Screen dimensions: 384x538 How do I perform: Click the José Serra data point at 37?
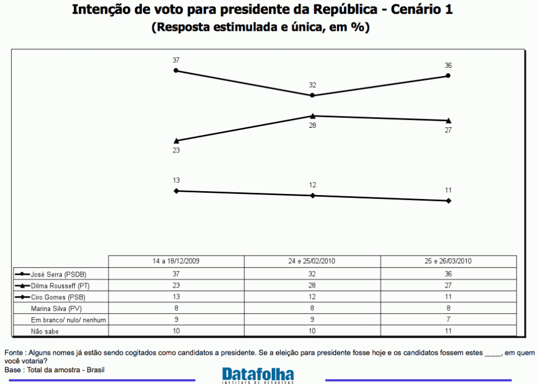pos(176,71)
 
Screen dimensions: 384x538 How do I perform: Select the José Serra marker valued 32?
pos(312,95)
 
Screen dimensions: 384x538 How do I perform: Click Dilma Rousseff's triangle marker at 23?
pos(176,141)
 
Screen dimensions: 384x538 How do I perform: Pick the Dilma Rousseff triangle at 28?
pos(312,115)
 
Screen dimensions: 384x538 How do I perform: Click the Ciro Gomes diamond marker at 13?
pos(176,191)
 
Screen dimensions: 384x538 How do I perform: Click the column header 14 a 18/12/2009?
pos(176,262)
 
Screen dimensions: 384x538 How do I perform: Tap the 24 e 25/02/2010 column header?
pos(312,262)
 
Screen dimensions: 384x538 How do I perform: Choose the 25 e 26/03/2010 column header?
pos(448,262)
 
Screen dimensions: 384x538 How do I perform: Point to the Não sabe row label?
pos(45,331)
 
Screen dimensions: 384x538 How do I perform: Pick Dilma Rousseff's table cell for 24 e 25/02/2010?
pos(312,285)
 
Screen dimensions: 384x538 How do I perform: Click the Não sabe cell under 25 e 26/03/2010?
pos(448,331)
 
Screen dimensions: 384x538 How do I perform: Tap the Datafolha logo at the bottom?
pos(258,374)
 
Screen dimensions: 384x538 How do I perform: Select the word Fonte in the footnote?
pos(13,353)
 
